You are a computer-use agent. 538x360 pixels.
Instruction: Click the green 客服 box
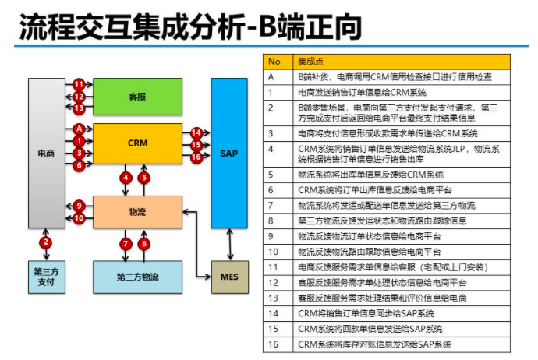[x=137, y=97]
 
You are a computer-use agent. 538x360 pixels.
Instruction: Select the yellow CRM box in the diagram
[x=137, y=143]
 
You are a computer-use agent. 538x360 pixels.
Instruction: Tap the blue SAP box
[x=229, y=154]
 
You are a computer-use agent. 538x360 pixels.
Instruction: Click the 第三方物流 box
[x=137, y=276]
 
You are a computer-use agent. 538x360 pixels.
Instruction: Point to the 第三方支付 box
[x=47, y=276]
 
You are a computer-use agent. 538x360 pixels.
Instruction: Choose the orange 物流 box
[x=137, y=211]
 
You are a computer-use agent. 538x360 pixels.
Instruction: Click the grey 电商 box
[x=47, y=154]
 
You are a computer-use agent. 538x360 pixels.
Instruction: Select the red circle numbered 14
[x=196, y=133]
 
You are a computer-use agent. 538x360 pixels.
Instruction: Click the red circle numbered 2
[x=47, y=242]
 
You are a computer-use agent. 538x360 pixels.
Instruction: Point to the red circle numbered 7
[x=126, y=244]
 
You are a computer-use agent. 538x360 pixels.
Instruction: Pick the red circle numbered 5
[x=144, y=178]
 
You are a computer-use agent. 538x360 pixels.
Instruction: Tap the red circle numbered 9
[x=79, y=206]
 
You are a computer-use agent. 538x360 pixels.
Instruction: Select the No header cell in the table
[x=274, y=61]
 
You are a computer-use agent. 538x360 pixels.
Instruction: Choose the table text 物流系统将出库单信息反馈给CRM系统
[x=370, y=175]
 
